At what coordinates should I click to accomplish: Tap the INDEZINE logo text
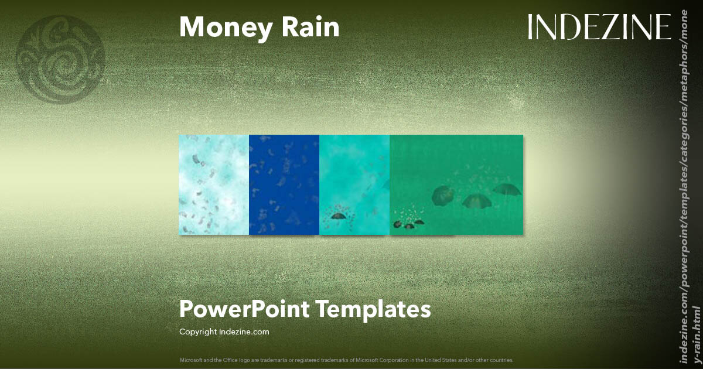(x=599, y=27)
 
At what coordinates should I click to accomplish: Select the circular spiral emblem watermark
(x=61, y=59)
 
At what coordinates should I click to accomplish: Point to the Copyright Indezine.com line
(x=224, y=332)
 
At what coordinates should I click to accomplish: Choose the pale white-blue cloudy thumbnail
(x=214, y=184)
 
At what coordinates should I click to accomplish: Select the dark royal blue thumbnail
(x=284, y=184)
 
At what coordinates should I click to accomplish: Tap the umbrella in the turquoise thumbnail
(x=338, y=216)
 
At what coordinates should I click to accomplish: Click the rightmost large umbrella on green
(x=506, y=189)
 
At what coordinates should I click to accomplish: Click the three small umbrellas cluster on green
(x=408, y=223)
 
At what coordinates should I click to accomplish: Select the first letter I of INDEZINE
(x=530, y=27)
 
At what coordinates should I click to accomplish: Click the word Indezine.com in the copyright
(x=244, y=332)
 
